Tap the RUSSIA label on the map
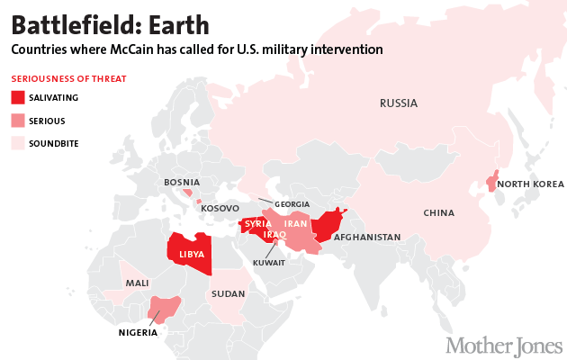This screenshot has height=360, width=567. (398, 103)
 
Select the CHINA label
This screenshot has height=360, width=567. (439, 213)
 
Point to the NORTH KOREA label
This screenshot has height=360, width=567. (530, 184)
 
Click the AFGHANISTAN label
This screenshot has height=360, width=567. (367, 238)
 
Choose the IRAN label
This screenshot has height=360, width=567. (297, 223)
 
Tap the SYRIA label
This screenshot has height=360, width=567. (258, 223)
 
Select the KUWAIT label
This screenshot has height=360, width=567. (269, 263)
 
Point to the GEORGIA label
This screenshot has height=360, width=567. (292, 204)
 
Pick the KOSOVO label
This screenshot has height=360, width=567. (220, 209)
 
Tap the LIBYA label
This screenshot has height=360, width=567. (192, 255)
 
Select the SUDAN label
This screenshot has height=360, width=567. (224, 293)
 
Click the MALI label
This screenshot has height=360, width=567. (137, 283)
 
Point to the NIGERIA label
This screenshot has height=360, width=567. (138, 332)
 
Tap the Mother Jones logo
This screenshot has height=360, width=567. (504, 345)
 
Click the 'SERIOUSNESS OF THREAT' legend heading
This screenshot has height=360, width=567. (67, 79)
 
